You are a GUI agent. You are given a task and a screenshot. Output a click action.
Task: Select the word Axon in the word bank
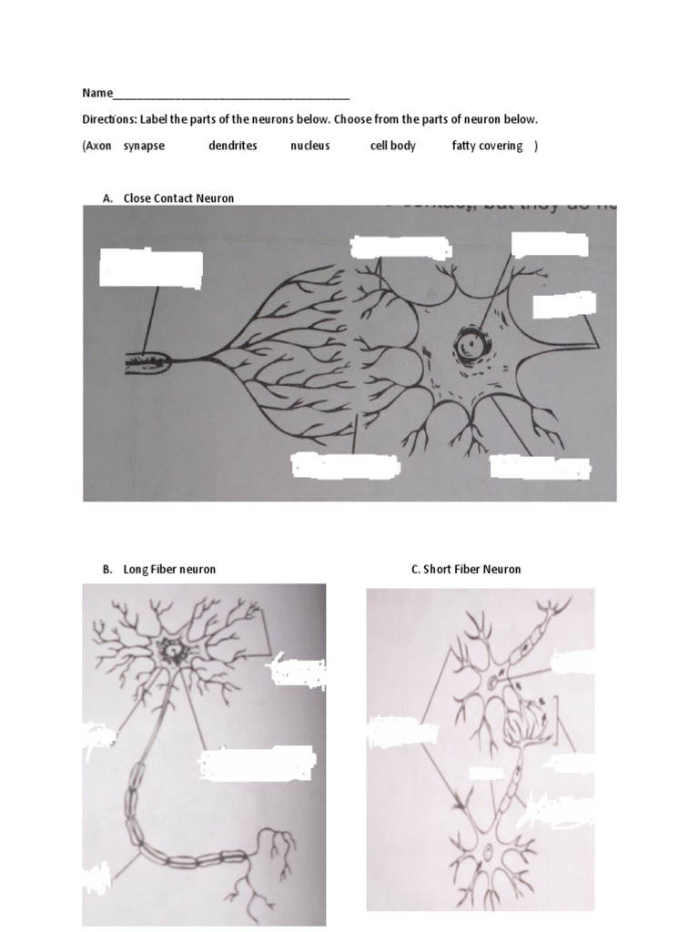click(x=97, y=146)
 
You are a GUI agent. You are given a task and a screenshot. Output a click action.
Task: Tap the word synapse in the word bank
click(x=144, y=146)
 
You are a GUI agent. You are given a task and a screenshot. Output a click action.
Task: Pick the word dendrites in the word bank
click(x=232, y=146)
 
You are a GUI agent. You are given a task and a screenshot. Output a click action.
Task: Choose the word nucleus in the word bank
click(x=309, y=146)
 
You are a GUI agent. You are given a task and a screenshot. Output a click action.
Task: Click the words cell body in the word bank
click(x=392, y=146)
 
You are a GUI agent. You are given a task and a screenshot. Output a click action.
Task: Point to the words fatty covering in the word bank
click(x=487, y=146)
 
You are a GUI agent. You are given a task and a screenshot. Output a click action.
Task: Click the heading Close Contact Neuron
click(x=178, y=198)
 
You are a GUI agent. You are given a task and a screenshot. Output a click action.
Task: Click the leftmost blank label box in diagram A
click(x=150, y=268)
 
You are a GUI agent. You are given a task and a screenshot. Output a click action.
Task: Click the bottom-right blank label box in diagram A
click(x=540, y=468)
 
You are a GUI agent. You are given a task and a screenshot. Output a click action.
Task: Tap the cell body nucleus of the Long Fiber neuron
click(x=170, y=650)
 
